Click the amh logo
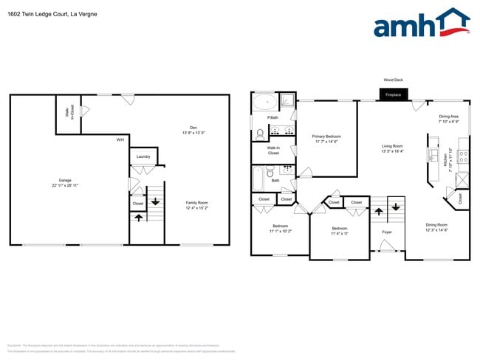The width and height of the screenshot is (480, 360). [x=422, y=24]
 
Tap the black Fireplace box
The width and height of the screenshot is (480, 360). [x=392, y=94]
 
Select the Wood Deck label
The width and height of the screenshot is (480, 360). [x=392, y=80]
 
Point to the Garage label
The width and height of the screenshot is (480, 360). [x=65, y=180]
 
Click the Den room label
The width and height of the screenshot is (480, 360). [x=193, y=128]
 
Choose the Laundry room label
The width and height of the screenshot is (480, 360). [x=143, y=156]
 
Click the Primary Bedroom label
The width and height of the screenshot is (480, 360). [x=326, y=136]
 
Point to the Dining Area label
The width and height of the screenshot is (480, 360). [x=449, y=117]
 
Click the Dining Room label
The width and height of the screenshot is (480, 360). [x=436, y=225]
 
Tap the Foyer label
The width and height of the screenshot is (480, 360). [x=387, y=232]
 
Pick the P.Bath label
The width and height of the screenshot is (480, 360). [x=272, y=118]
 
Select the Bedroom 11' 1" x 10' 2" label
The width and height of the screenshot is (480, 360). [x=281, y=226]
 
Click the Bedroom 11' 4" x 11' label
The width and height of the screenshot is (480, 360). [x=339, y=229]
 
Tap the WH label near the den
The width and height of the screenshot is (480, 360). [x=119, y=139]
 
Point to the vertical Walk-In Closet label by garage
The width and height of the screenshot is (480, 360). [x=69, y=116]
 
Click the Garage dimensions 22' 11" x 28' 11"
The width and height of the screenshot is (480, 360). [x=65, y=185]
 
